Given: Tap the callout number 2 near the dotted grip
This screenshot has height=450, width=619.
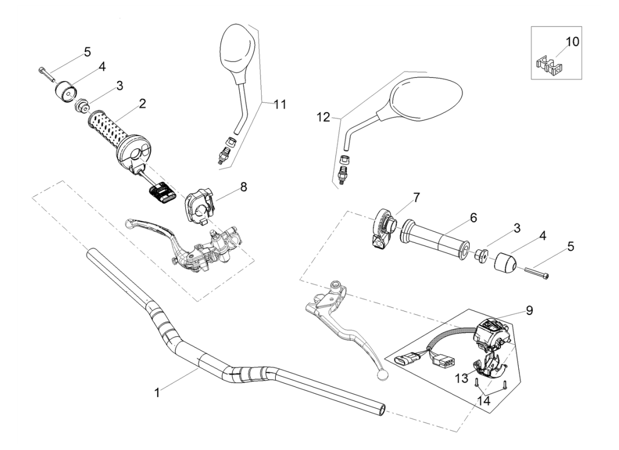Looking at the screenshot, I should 142,103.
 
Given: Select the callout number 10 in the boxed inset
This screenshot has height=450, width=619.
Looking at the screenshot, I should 572,42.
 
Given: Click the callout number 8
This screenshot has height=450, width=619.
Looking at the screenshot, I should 243,186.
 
